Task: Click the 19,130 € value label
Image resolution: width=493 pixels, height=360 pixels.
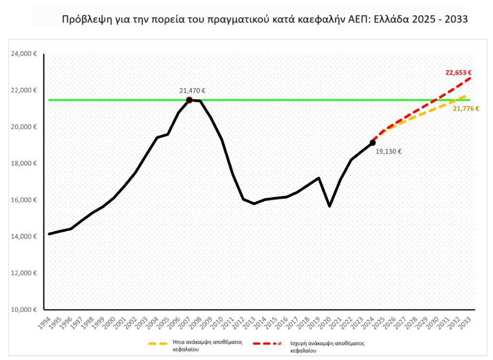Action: click(x=388, y=151)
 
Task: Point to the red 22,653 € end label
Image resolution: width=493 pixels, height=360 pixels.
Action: click(x=458, y=73)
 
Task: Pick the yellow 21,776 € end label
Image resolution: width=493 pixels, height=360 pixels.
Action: click(x=466, y=109)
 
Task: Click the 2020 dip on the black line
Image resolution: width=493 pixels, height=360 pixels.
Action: click(x=329, y=206)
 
